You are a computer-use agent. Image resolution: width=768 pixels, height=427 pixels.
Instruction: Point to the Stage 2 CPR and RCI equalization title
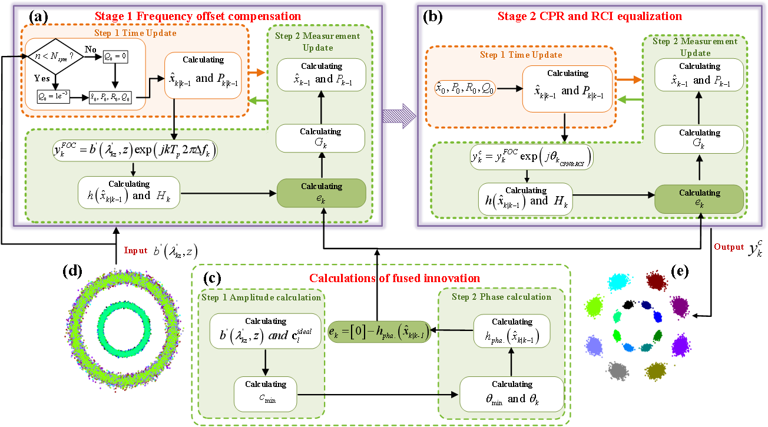point(590,16)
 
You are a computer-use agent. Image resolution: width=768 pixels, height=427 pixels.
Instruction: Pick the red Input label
point(135,250)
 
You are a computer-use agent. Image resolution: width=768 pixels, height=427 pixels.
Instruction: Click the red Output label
point(729,247)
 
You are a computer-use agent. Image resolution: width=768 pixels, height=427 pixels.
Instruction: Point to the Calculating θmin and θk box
point(512,393)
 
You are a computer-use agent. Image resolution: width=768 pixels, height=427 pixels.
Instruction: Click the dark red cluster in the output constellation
point(656,281)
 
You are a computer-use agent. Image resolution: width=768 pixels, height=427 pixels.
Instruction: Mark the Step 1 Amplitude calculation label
point(261,297)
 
